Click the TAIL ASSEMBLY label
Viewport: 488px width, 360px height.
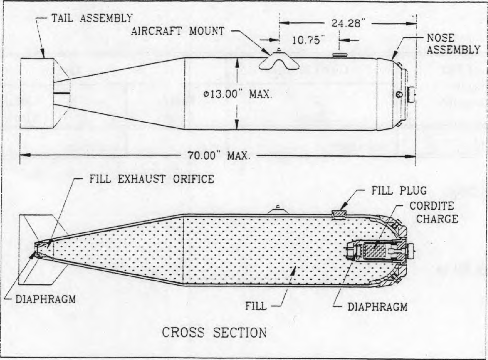(x=91, y=18)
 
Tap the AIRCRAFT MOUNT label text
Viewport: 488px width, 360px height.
(x=178, y=31)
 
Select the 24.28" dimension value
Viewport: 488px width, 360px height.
(x=346, y=23)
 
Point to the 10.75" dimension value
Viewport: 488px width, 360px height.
(x=307, y=40)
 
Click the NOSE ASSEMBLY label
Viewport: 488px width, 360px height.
(x=453, y=44)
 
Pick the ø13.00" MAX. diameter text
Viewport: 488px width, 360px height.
(x=237, y=95)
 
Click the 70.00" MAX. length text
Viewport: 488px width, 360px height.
(x=218, y=156)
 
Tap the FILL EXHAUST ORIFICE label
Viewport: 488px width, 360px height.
(x=152, y=179)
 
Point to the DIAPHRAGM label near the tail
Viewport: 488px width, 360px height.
(x=46, y=299)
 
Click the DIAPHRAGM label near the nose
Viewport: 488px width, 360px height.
(x=377, y=307)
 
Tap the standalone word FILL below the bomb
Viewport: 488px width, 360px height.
(x=256, y=306)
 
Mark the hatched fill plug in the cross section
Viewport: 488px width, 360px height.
(x=339, y=214)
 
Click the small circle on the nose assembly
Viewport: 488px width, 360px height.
(x=399, y=94)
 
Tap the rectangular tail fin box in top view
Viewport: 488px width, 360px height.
(x=37, y=93)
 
